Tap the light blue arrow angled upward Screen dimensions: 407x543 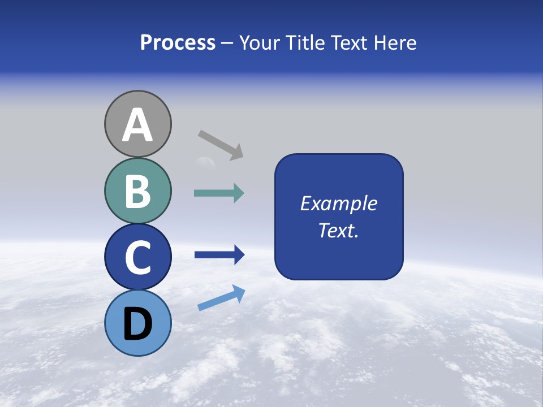221,298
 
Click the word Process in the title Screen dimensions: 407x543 178,43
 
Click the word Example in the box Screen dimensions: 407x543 339,203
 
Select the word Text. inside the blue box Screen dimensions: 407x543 339,230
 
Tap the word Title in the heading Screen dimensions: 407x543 306,43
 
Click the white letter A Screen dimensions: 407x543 137,125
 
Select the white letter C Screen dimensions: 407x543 137,257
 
